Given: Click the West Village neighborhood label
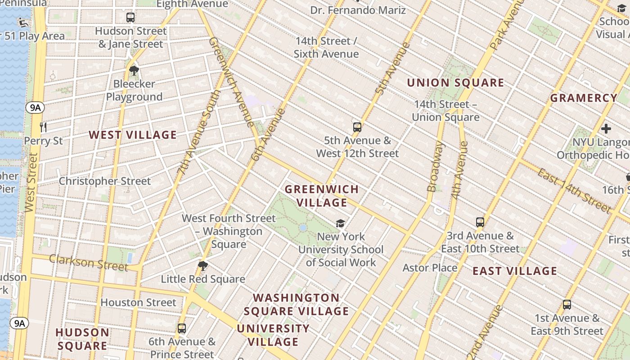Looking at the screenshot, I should coord(133,135).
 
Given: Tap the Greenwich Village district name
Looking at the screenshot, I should coord(322,196).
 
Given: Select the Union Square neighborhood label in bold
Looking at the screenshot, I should coord(455,83).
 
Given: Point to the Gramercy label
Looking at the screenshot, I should coord(584,98).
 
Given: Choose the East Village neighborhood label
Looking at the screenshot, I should coord(515,271).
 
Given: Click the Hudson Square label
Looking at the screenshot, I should coord(82,339).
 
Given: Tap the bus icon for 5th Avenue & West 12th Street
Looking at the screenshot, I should coord(357,127).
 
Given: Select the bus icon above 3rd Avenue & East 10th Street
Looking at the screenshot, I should coord(480,222).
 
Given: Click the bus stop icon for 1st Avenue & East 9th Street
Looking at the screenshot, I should coord(567,305).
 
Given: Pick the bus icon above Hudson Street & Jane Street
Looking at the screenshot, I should coord(130,18).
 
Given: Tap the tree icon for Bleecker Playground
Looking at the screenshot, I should coord(134,70).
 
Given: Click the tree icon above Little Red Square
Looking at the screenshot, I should coord(203,265).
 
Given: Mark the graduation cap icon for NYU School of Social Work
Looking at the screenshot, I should coord(341,223).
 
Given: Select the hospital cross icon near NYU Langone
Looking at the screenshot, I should coord(606,129).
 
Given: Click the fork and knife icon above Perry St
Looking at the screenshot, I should coord(43,127).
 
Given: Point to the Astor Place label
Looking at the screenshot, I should coord(430,268).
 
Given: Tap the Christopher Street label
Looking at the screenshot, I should coord(105,181).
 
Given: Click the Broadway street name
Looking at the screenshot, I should coord(435,167).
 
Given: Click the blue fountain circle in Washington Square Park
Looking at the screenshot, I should coord(303,228).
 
